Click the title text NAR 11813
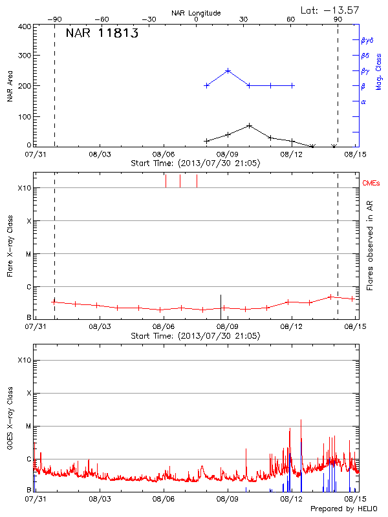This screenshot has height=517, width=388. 102,34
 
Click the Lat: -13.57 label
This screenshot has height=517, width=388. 330,10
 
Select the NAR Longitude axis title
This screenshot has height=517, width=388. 196,13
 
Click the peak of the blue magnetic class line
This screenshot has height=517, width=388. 228,70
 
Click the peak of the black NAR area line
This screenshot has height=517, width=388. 249,125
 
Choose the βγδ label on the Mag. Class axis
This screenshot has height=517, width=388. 367,40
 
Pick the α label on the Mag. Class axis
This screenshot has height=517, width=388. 363,101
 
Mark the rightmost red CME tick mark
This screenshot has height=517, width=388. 197,181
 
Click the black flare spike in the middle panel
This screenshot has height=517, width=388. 221,301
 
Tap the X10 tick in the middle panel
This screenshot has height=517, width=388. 24,188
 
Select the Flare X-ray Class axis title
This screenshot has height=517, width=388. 10,245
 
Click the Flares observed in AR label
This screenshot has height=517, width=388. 371,246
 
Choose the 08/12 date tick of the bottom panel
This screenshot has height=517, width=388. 290,500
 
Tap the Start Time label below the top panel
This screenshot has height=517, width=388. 195,164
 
